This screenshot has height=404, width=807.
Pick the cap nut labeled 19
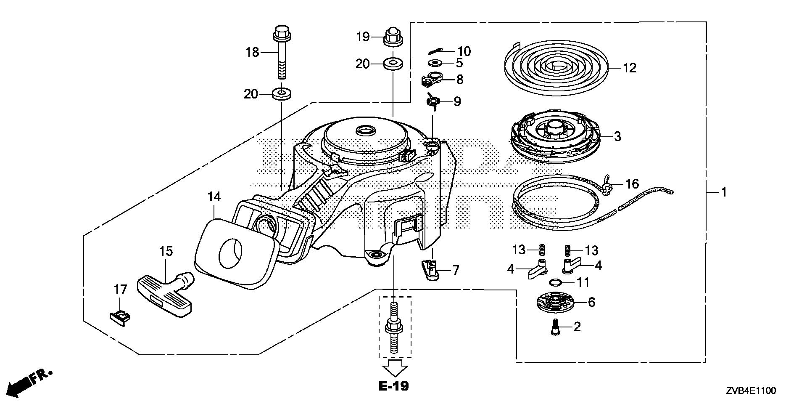(x=393, y=37)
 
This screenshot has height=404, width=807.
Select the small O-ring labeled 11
(x=554, y=282)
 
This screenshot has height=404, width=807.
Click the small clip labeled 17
(x=120, y=316)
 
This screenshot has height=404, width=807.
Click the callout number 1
(x=724, y=192)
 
